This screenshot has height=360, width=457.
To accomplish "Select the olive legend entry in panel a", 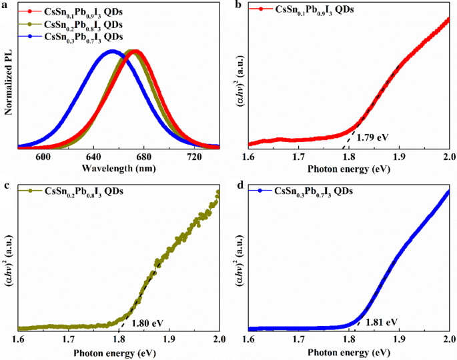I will (87, 24).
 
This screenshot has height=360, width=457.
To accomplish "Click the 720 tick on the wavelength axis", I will (194, 157).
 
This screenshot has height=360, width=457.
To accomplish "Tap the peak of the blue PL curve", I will (112, 51).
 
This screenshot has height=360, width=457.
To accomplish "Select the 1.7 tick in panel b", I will (298, 157).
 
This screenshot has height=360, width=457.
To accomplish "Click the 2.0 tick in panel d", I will (448, 339).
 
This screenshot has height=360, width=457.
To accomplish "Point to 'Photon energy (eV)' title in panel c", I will (119, 351).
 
